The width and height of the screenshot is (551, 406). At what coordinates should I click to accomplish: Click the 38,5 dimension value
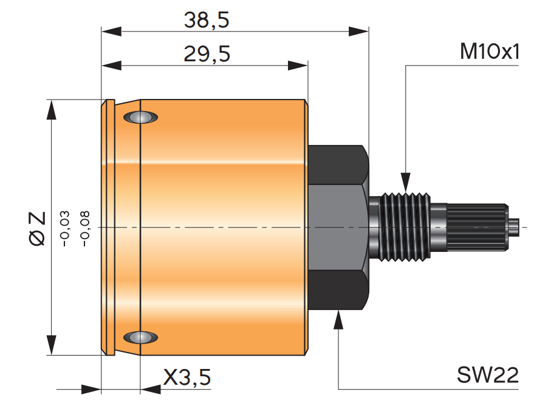tap(207, 21)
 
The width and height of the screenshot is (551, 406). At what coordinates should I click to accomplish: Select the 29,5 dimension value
tap(207, 55)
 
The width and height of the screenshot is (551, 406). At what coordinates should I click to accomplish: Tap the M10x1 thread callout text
tap(490, 52)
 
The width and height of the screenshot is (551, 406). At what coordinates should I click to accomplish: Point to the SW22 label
tap(488, 376)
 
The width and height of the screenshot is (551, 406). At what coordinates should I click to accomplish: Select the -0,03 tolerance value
tap(65, 228)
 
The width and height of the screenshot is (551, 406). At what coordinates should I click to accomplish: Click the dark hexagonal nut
tap(338, 228)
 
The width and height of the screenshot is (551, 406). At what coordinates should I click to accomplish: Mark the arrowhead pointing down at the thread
tap(405, 183)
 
